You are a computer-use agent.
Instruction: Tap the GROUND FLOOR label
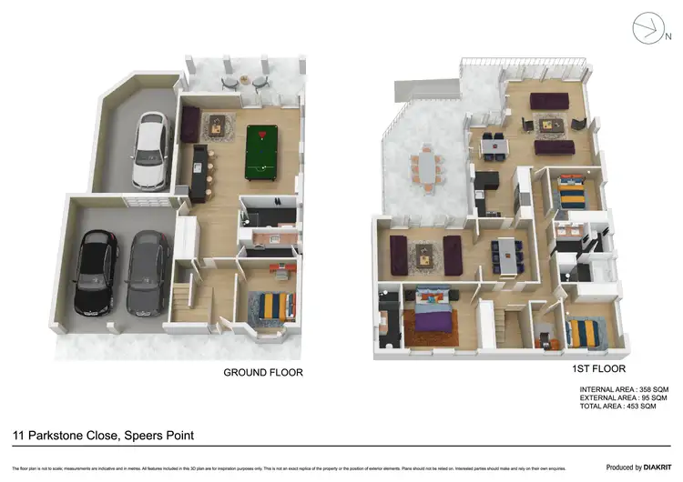click(x=263, y=373)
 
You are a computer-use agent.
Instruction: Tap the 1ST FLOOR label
click(x=597, y=369)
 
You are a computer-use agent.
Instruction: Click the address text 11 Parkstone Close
click(x=66, y=437)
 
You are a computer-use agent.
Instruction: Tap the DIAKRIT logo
click(x=650, y=467)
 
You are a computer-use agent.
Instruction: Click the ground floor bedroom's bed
click(x=273, y=306)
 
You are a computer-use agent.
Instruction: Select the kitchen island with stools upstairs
click(x=505, y=255)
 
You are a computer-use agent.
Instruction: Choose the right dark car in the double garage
click(x=146, y=270)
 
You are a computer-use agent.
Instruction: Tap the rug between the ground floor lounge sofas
click(x=219, y=125)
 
